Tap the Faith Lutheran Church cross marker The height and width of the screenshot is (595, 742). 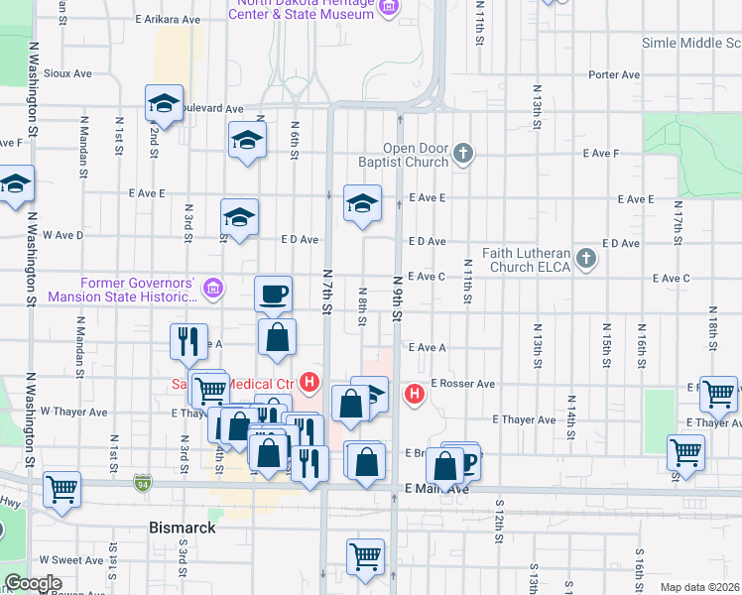coord(586,260)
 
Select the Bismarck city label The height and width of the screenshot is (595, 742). coord(182,528)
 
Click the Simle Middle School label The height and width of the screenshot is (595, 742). coord(690,43)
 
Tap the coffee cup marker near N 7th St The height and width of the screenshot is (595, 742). coord(274,294)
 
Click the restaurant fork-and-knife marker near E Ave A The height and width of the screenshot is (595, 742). coord(188,341)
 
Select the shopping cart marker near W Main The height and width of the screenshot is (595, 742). coord(62,489)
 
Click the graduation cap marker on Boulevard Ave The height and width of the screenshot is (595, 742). coord(164,102)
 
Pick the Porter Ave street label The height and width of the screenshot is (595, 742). coord(614,74)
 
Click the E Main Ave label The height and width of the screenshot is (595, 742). coord(436,489)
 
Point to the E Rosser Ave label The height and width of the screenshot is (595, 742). coord(462,384)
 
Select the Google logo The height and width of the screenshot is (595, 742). coord(34,583)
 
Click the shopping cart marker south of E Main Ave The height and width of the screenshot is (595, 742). coord(366,556)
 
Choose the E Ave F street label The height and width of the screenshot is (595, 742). coord(601,154)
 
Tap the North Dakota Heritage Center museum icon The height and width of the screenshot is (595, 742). coord(388,7)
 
